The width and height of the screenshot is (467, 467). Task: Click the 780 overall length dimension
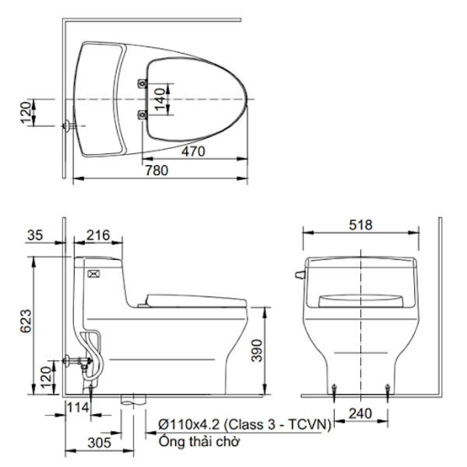point(156,170)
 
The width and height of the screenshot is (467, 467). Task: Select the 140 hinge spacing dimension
point(160,99)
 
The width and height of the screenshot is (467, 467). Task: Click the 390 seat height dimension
point(257,350)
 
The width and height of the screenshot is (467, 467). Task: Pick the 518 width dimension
point(360,225)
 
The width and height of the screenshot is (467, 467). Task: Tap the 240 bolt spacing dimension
point(360,414)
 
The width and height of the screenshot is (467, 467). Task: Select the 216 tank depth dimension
point(98,235)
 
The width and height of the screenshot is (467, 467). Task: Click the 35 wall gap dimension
point(35,235)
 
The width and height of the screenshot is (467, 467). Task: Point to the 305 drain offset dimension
point(99,443)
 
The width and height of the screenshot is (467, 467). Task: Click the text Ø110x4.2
point(189,425)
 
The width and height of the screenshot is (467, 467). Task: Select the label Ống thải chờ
point(199,442)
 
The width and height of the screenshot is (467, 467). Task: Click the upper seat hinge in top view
point(142,83)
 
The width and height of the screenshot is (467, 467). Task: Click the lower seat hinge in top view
point(142,115)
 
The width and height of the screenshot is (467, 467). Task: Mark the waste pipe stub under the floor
point(133,400)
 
